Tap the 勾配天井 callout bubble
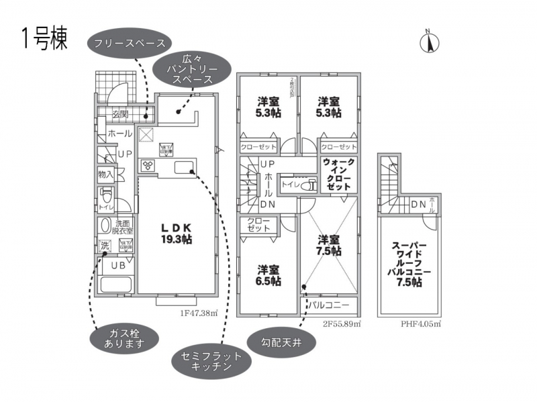click(x=282, y=343)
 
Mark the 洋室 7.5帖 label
click(x=329, y=245)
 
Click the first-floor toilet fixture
click(x=105, y=195)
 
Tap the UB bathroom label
click(x=118, y=265)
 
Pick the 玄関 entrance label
click(x=120, y=113)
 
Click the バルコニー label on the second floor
click(x=329, y=305)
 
